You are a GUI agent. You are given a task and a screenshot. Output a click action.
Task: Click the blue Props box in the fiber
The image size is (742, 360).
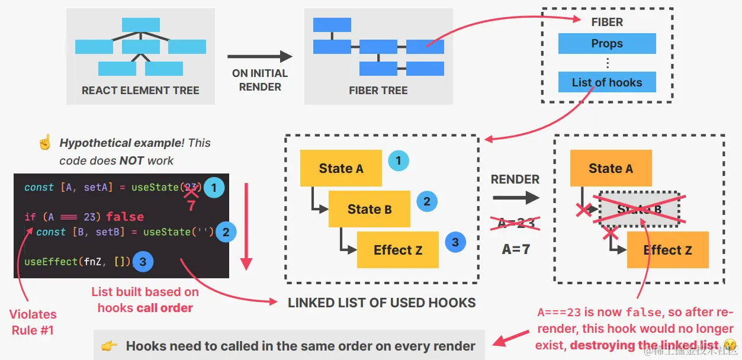pos(607,44)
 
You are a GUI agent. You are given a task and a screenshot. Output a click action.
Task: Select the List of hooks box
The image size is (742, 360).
pos(607,82)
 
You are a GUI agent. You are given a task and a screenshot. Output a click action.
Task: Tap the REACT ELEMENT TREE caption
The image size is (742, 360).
pos(140,91)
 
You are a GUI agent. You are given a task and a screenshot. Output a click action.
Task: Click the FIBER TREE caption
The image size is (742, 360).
pos(378,91)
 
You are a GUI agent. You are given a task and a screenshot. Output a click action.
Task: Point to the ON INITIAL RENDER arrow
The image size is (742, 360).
pos(260,57)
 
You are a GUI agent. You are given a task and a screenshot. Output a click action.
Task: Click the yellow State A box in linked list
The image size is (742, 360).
pos(341,168)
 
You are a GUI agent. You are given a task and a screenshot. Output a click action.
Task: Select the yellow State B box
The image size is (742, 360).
pos(370,209)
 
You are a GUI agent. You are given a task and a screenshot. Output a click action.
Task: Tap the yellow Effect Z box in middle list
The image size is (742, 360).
pos(398,250)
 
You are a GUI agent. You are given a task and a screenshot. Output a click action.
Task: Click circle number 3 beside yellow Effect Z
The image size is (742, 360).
pos(455,242)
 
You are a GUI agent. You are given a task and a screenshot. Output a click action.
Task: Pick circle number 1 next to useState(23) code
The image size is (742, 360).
pos(214,188)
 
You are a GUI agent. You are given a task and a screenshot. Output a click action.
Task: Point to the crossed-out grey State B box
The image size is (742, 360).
pos(639,209)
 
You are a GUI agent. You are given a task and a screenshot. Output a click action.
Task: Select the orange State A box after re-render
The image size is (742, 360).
pos(611,168)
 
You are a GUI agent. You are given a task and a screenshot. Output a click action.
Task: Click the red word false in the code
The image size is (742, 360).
pos(125,217)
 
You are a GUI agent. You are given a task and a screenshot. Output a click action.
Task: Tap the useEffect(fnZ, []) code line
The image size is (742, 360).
pos(77,261)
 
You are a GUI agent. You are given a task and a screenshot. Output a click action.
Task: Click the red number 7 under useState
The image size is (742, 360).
pos(191,207)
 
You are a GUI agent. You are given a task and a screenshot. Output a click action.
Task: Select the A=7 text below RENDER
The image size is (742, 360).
pos(516,249)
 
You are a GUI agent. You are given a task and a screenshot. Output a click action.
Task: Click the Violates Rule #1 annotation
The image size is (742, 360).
pos(33,322)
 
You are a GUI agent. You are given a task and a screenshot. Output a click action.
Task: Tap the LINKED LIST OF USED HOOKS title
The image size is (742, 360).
pos(382,303)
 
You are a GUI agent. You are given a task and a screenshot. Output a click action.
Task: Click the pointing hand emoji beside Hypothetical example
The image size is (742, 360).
pos(44,143)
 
